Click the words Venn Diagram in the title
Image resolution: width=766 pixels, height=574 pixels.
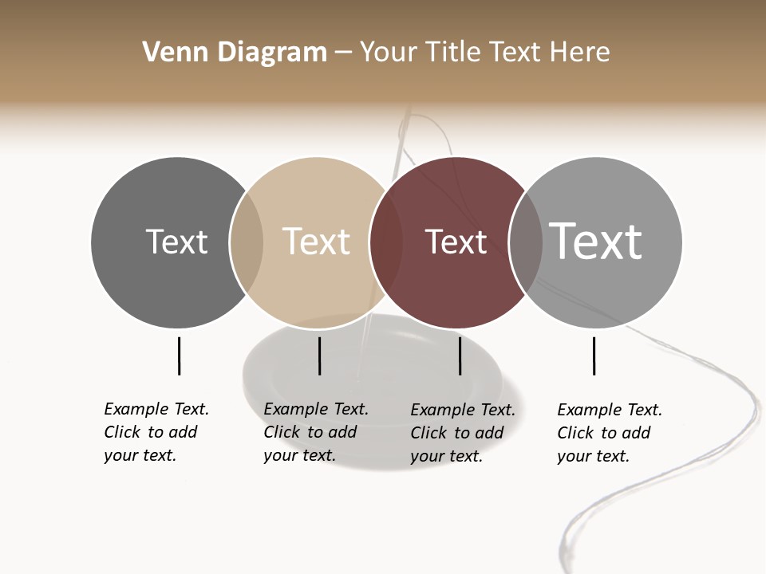(235, 53)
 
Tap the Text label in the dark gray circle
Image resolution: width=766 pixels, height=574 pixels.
(176, 242)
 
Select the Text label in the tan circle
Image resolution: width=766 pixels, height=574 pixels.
(316, 242)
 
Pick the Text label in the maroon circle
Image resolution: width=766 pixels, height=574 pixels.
(456, 242)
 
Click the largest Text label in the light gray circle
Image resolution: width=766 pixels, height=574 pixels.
(595, 242)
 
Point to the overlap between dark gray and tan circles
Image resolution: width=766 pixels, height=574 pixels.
(247, 242)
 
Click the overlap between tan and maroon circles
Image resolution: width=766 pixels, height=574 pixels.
(385, 242)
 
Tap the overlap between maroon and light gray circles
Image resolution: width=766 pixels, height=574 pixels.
(525, 242)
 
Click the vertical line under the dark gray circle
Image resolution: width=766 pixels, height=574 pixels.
(179, 356)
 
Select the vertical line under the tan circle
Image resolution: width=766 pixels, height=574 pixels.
(319, 356)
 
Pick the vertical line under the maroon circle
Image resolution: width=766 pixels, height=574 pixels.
(460, 356)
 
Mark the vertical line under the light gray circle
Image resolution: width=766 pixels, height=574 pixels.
(594, 356)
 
